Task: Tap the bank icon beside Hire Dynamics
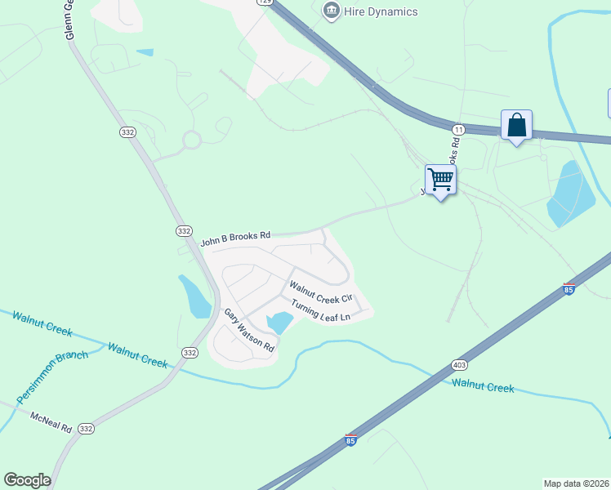[x=331, y=11]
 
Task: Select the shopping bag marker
[x=516, y=126]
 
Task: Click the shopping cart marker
[x=440, y=180]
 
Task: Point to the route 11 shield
[x=458, y=129]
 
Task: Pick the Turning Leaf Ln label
[x=320, y=310]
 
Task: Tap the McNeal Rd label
[x=51, y=421]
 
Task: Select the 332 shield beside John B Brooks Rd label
[x=183, y=232]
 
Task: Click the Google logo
[x=27, y=480]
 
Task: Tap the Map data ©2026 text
[x=576, y=483]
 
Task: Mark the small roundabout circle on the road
[x=191, y=140]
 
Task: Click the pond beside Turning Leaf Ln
[x=279, y=322]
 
